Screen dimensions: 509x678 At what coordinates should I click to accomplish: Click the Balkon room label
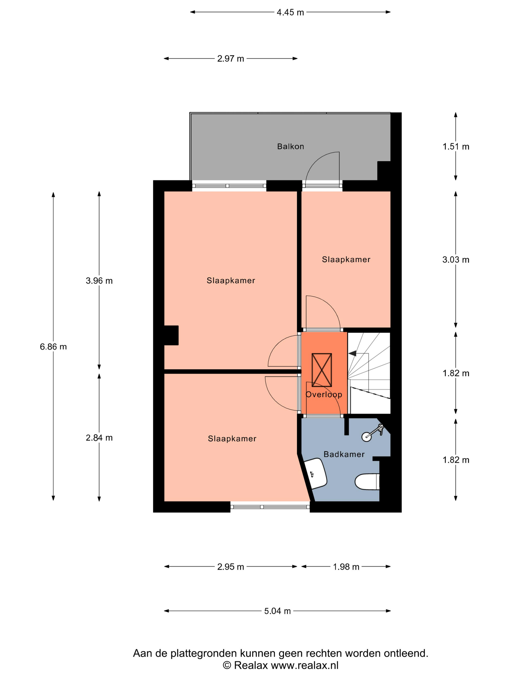290,146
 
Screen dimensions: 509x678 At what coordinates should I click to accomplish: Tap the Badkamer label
344,454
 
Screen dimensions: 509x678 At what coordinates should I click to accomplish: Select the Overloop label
324,394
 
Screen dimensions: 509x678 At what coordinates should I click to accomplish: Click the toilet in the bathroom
367,482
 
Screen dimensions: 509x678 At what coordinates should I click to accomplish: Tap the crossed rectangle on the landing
322,370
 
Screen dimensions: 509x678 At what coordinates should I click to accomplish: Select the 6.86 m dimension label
53,347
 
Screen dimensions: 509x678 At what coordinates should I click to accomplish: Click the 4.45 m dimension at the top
290,12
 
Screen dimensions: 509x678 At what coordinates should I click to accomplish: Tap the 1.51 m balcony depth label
456,146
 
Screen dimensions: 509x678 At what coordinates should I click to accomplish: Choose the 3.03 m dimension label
456,260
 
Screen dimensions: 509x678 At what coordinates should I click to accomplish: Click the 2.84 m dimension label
99,438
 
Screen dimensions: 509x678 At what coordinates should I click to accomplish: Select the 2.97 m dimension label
231,59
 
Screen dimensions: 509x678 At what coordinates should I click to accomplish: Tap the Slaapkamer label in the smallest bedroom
346,260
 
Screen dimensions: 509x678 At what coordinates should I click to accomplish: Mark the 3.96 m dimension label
99,281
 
